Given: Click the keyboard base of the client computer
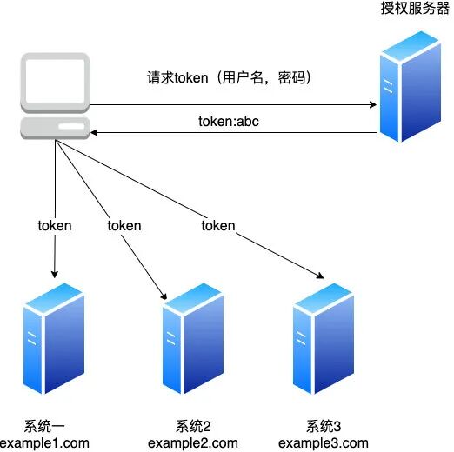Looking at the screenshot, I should [x=56, y=130].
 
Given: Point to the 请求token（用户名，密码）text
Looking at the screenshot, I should [x=230, y=77].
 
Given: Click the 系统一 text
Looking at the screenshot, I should [x=44, y=426].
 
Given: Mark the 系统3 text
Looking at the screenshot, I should [x=324, y=426].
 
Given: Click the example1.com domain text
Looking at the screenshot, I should [x=44, y=442].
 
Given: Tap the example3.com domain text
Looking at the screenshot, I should [x=324, y=442].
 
